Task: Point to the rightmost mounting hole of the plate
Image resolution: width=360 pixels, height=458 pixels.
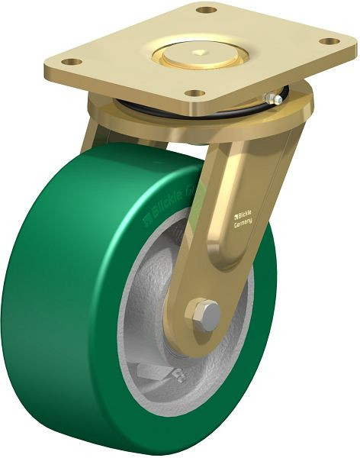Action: tap(329, 40)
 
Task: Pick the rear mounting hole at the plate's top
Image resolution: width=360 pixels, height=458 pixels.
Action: tap(205, 10)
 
